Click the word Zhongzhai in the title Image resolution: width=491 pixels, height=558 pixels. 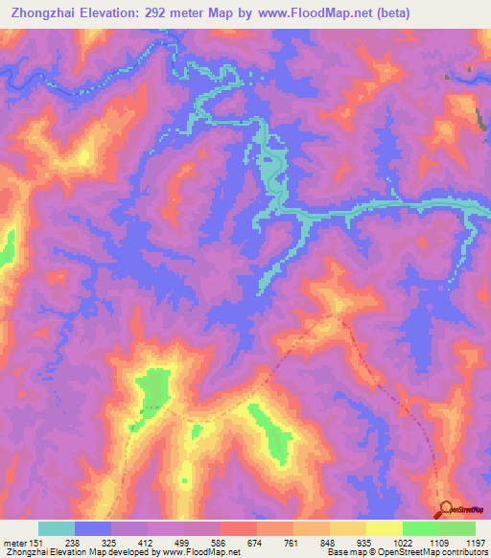[x=43, y=13]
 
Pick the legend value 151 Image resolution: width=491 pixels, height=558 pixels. [x=38, y=542]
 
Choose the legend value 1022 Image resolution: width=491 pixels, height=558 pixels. [x=402, y=542]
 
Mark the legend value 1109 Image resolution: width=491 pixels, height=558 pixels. [x=438, y=542]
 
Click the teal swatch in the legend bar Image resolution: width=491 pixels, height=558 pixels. [x=57, y=528]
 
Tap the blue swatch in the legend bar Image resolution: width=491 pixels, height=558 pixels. [x=93, y=528]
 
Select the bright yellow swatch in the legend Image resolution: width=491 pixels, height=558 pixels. [x=384, y=528]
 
